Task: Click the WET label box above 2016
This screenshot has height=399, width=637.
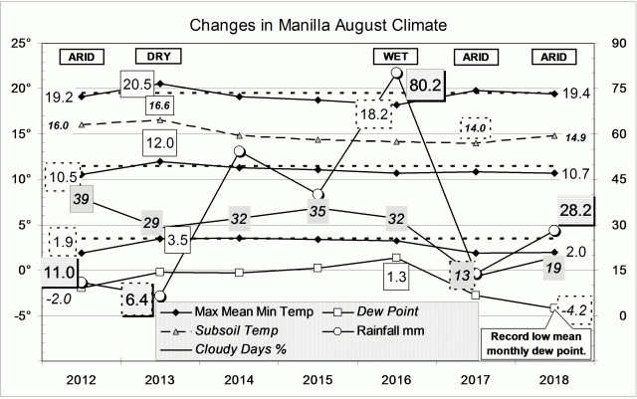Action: click(x=395, y=56)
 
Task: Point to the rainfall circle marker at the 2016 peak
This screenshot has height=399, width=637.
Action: click(x=396, y=73)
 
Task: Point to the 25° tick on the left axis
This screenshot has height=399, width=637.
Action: click(x=27, y=44)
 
